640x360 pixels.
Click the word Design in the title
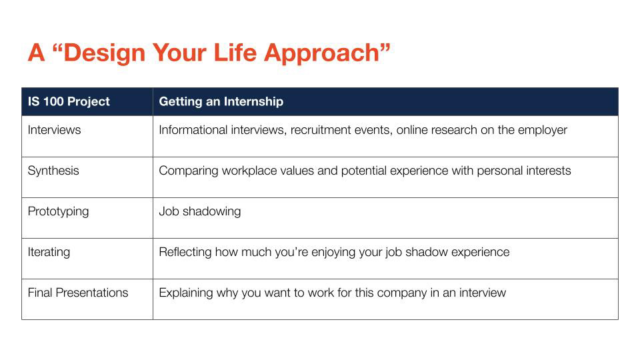pyautogui.click(x=104, y=53)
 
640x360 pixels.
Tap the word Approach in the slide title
pyautogui.click(x=321, y=54)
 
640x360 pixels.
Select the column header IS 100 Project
pyautogui.click(x=69, y=101)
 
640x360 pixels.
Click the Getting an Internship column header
pyautogui.click(x=221, y=101)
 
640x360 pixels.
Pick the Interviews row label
pyautogui.click(x=54, y=130)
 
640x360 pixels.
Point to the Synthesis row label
pyautogui.click(x=53, y=171)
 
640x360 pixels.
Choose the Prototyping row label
pyautogui.click(x=59, y=211)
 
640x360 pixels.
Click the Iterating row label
pyautogui.click(x=49, y=252)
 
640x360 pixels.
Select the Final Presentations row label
pyautogui.click(x=78, y=293)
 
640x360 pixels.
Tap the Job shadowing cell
pyautogui.click(x=199, y=211)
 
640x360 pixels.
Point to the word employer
pyautogui.click(x=543, y=130)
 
